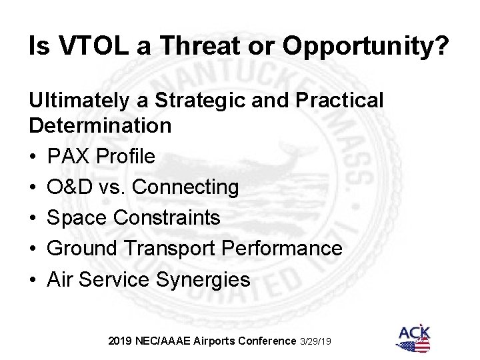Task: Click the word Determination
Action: (99, 125)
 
